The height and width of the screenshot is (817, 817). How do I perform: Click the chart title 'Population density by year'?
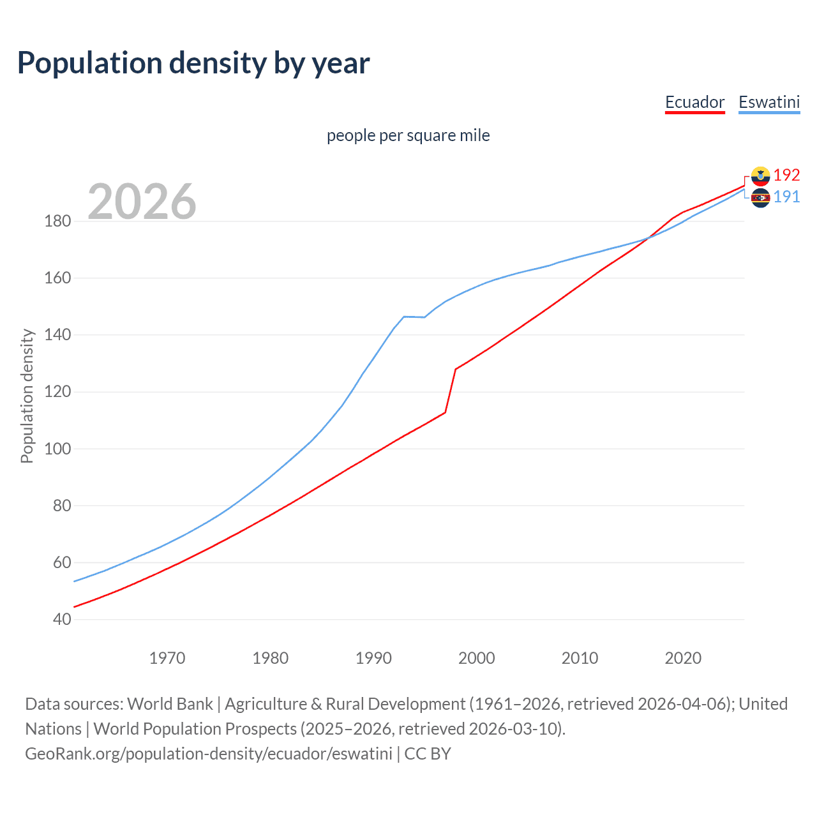[193, 63]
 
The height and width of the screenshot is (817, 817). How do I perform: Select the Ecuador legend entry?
[694, 102]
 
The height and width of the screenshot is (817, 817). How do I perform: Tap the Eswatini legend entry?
[768, 102]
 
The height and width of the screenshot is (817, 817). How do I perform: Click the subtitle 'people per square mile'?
[408, 135]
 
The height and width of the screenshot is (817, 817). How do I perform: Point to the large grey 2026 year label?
[142, 202]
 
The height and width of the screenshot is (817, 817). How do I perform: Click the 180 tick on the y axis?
[57, 221]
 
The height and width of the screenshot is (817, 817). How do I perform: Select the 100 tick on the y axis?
[57, 449]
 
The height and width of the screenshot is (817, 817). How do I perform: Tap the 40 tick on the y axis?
[62, 619]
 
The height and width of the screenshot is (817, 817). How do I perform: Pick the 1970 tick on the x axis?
[167, 658]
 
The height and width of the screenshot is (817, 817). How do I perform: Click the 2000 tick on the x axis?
[477, 658]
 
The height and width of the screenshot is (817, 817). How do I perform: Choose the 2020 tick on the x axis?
[683, 658]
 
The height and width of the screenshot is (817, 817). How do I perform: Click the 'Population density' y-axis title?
[27, 396]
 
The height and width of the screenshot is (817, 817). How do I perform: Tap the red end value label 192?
[786, 175]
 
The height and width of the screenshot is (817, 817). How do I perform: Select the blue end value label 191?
[786, 197]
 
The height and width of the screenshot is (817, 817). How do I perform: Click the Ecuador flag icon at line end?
[760, 176]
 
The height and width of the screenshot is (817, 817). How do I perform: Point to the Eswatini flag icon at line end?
[760, 198]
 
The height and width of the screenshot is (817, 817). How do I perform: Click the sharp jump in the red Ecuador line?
[451, 390]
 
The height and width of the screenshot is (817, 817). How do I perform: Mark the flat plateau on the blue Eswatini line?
[414, 317]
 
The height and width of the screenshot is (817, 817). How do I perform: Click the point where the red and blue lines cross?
[648, 238]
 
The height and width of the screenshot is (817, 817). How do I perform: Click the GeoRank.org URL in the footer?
[209, 754]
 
